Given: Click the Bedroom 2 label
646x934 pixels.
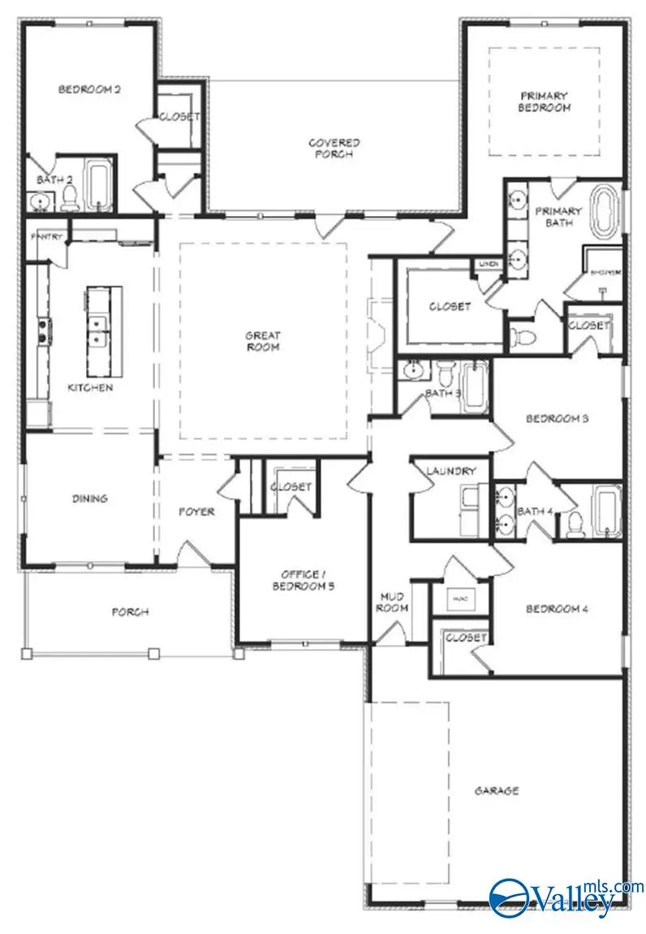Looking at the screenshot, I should coord(89,89).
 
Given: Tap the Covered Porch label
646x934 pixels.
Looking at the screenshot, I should coord(334,149).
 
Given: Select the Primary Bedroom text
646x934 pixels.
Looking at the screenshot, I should coord(545,102).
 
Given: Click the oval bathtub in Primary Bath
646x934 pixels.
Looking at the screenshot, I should coord(605,213).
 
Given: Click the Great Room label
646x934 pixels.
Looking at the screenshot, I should coord(263,341).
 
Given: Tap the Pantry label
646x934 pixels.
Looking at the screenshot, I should coord(43,237).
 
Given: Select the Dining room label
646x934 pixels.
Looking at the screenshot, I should coord(89,499).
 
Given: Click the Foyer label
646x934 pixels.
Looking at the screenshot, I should coord(196,512).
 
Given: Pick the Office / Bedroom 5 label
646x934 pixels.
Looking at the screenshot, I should coord(303,579).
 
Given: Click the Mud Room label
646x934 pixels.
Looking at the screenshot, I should coord(391,603).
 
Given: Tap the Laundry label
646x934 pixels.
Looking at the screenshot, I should coord(443,471).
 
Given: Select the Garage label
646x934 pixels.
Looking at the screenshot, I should coord(497,790).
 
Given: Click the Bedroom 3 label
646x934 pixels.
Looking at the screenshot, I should coord(557,419).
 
